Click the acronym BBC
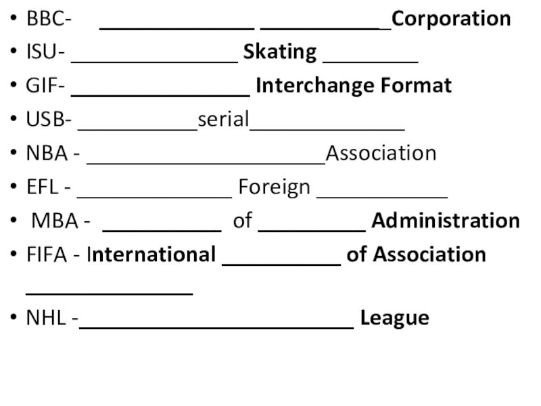pos(45,18)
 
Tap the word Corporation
pos(451,18)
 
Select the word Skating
pos(280,52)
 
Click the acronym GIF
pos(43,86)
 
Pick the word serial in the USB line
pos(224,120)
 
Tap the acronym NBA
pos(47,154)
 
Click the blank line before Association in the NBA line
pos(206,161)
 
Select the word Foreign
pos(274,187)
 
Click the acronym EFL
pos(43,187)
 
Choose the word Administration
pos(446,221)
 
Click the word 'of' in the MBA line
pos(242,221)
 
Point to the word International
pos(151,254)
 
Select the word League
pos(394,318)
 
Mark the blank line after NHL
pos(216,325)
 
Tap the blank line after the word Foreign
pos(382,195)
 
